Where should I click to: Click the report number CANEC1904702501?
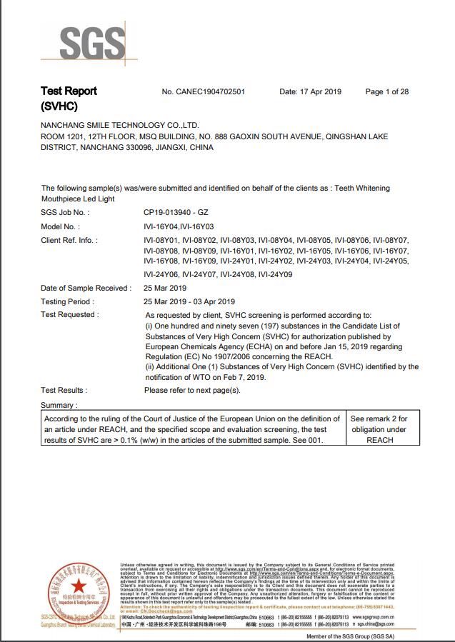(x=204, y=92)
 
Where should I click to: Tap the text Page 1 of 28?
(x=386, y=92)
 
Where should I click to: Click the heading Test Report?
(x=69, y=91)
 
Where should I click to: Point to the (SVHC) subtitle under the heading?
(x=59, y=106)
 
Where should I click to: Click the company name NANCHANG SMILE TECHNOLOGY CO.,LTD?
(x=120, y=125)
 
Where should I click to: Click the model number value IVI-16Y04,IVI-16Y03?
(x=183, y=226)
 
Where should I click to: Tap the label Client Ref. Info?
(x=69, y=241)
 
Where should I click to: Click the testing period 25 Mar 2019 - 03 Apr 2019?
(x=189, y=301)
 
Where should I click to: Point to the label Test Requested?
(x=69, y=315)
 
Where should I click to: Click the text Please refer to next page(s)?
(x=192, y=391)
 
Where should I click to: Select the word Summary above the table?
(x=58, y=405)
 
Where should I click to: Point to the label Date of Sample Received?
(x=86, y=288)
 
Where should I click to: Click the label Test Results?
(x=64, y=391)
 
